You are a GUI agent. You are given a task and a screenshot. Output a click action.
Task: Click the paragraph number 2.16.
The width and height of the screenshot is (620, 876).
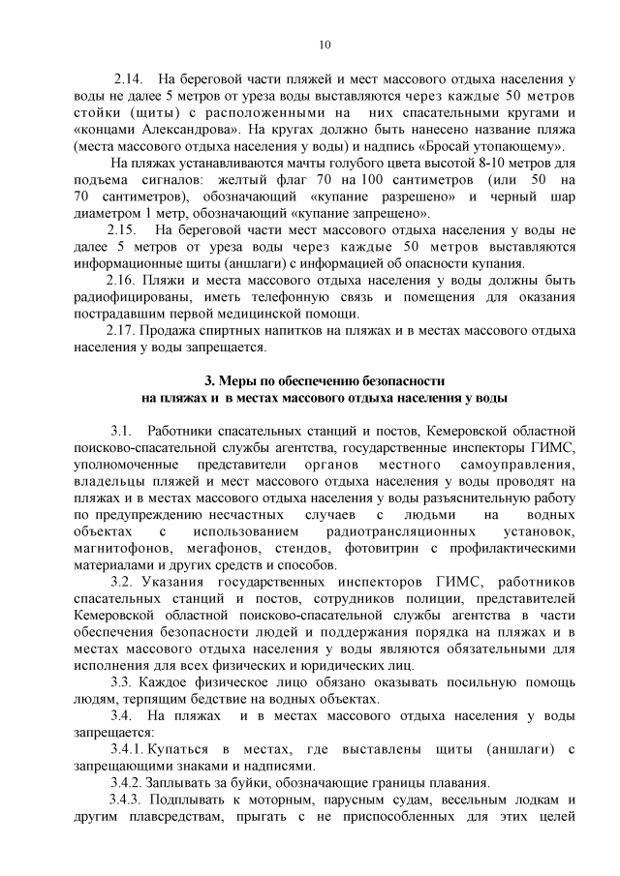pyautogui.click(x=126, y=281)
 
